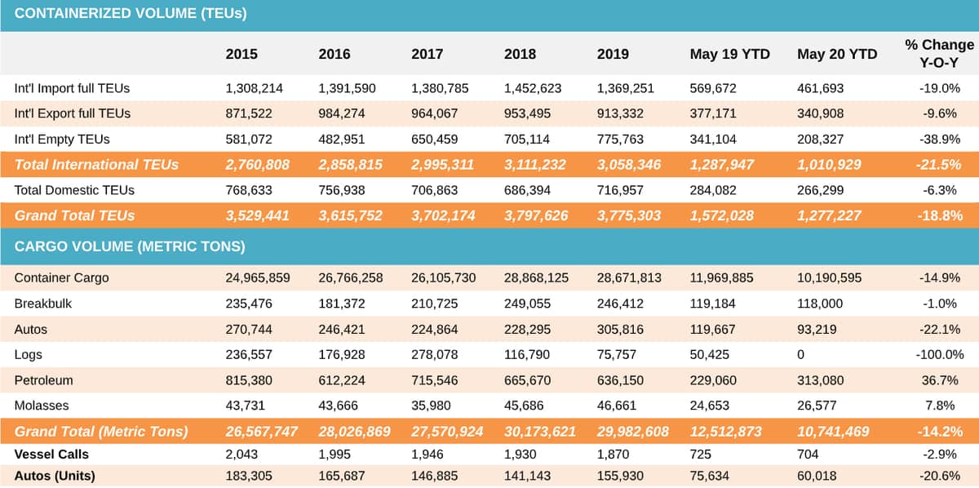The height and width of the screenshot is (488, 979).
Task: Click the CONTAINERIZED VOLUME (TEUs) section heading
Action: tap(131, 14)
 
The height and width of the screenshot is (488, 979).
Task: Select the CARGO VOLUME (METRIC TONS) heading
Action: tap(130, 246)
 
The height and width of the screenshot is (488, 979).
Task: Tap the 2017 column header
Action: tap(427, 54)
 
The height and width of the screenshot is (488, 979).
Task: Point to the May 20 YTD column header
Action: tap(837, 54)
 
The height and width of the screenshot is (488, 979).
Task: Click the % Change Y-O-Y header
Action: tap(939, 54)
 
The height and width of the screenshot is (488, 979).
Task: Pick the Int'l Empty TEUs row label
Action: tap(62, 140)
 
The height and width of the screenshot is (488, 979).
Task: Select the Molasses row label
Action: tap(42, 406)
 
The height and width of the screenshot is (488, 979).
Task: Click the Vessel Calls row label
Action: tap(51, 455)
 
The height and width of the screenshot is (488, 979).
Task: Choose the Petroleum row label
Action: tap(44, 380)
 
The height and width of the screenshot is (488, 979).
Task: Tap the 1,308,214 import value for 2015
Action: tap(254, 88)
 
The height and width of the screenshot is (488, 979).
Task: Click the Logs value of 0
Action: tap(800, 355)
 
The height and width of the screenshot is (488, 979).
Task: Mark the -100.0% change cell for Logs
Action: tap(940, 355)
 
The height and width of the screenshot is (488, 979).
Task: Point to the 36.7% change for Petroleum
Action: tap(940, 380)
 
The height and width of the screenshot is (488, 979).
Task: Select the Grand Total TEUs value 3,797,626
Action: tap(536, 215)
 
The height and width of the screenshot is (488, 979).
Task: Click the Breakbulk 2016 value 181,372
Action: tap(341, 304)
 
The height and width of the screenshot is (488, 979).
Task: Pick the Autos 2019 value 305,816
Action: tap(620, 329)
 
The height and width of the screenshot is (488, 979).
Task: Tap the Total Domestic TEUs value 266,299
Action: tap(820, 190)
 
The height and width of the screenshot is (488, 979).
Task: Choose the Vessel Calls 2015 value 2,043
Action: tap(241, 455)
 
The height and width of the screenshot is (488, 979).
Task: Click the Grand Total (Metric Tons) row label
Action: tap(101, 432)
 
